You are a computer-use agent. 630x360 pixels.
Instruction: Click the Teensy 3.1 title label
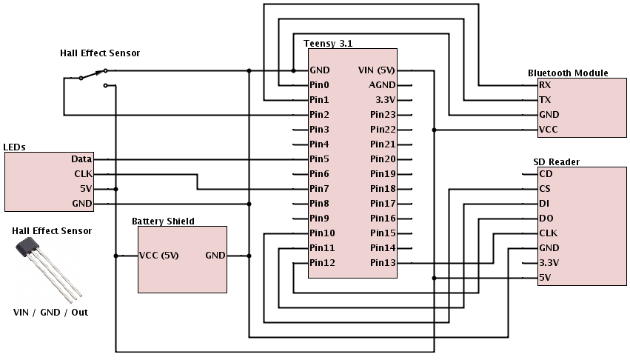pos(329,44)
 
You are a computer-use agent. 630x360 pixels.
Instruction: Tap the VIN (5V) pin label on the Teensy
pos(376,70)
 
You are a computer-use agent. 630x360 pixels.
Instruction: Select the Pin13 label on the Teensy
pos(383,263)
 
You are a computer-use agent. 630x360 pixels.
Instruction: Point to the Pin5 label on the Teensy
pos(319,159)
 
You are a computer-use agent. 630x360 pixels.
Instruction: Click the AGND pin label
pos(383,85)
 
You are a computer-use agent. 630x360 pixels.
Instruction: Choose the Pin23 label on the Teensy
pos(383,115)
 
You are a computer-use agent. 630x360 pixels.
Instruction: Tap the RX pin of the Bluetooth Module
pos(546,85)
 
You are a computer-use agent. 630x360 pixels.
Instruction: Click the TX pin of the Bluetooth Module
pos(546,100)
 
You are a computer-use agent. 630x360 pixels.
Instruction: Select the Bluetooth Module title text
pos(568,73)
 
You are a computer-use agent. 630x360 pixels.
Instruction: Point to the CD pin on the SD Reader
pos(546,174)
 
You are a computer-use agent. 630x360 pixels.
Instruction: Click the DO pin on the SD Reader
pos(546,219)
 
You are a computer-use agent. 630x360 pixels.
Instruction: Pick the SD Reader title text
pos(556,161)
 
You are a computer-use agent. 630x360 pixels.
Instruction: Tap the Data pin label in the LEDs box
pos(81,159)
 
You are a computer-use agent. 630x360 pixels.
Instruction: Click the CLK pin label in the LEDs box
pos(82,174)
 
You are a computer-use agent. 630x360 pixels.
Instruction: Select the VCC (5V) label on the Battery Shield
pos(159,256)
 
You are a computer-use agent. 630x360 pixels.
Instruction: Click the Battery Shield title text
pos(163,221)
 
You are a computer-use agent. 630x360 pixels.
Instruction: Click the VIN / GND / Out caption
pos(50,313)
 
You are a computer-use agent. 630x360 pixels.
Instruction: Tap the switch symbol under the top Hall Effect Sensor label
pos(93,75)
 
